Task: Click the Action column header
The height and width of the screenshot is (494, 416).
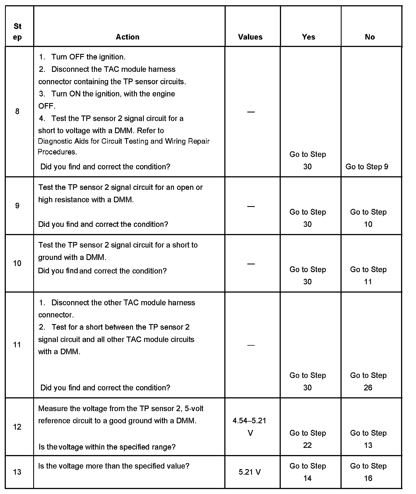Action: [128, 37]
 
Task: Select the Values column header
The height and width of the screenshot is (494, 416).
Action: [250, 37]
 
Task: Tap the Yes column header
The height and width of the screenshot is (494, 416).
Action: [308, 37]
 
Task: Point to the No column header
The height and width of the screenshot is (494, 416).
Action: [370, 37]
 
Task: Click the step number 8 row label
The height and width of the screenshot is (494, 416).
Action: [17, 111]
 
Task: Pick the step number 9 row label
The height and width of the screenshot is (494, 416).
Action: [17, 206]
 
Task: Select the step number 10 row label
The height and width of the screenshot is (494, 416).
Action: [17, 263]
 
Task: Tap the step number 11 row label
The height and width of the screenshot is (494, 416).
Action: [17, 345]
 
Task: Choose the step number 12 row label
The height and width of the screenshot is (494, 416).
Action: [17, 427]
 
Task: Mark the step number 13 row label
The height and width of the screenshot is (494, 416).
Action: [17, 472]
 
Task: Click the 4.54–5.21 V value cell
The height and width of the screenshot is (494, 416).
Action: [249, 427]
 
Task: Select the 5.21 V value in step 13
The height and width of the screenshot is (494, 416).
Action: [249, 472]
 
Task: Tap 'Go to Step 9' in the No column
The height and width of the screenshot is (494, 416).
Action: [367, 167]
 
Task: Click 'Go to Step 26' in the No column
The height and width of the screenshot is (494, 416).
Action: [368, 381]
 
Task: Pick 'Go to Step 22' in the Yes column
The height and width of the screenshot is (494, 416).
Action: [308, 439]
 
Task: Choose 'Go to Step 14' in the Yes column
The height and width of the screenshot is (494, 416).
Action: [308, 472]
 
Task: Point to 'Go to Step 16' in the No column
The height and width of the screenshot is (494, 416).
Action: [368, 472]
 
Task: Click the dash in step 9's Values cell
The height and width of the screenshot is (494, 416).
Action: [251, 206]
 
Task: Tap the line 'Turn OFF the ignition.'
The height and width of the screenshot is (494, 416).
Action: [88, 57]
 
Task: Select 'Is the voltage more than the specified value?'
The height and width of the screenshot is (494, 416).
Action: [114, 466]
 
